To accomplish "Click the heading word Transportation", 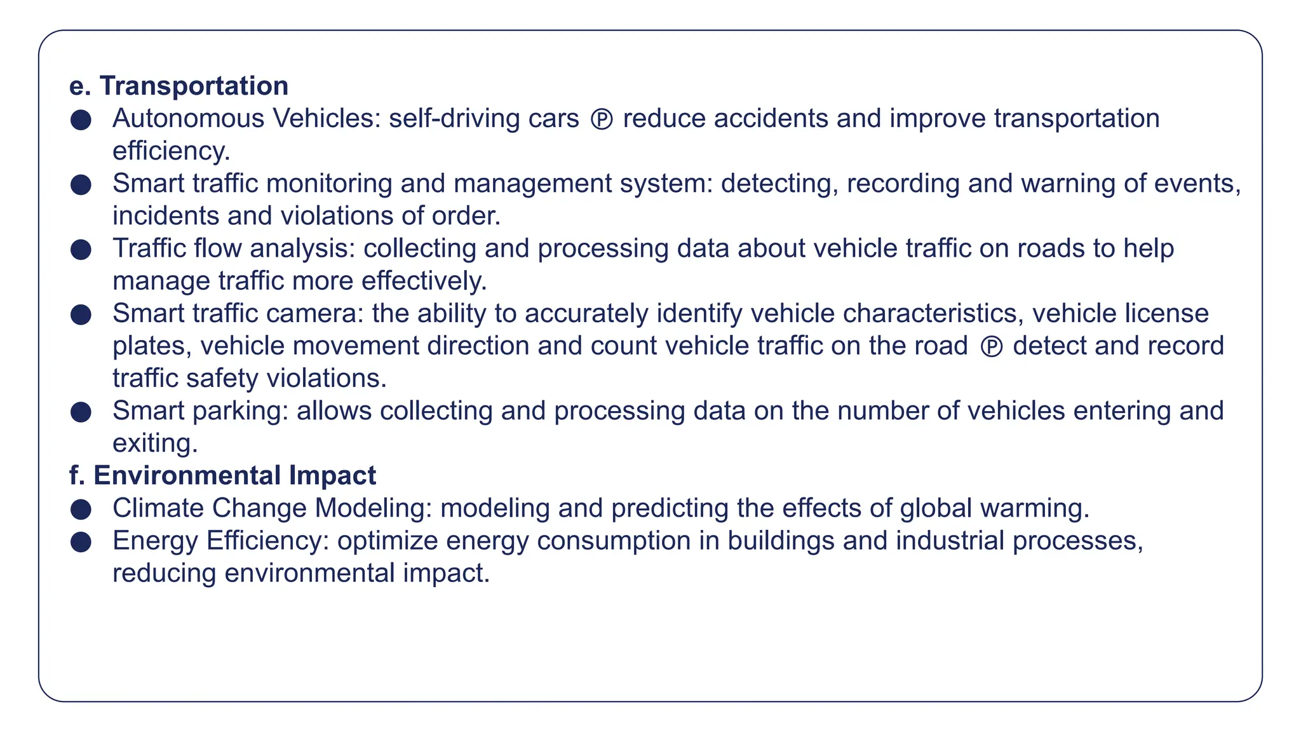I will (x=194, y=86).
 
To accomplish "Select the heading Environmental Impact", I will (x=234, y=475).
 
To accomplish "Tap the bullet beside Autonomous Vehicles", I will (x=81, y=119).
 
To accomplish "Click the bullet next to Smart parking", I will (x=81, y=412).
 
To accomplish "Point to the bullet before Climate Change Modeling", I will (x=81, y=509).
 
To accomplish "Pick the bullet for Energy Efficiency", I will (x=81, y=541).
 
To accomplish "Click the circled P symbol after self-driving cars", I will (x=602, y=119).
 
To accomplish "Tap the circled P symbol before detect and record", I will (x=992, y=347).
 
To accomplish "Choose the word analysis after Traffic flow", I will (x=302, y=248).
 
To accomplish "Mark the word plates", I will (x=152, y=346).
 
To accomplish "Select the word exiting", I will (x=155, y=444).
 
